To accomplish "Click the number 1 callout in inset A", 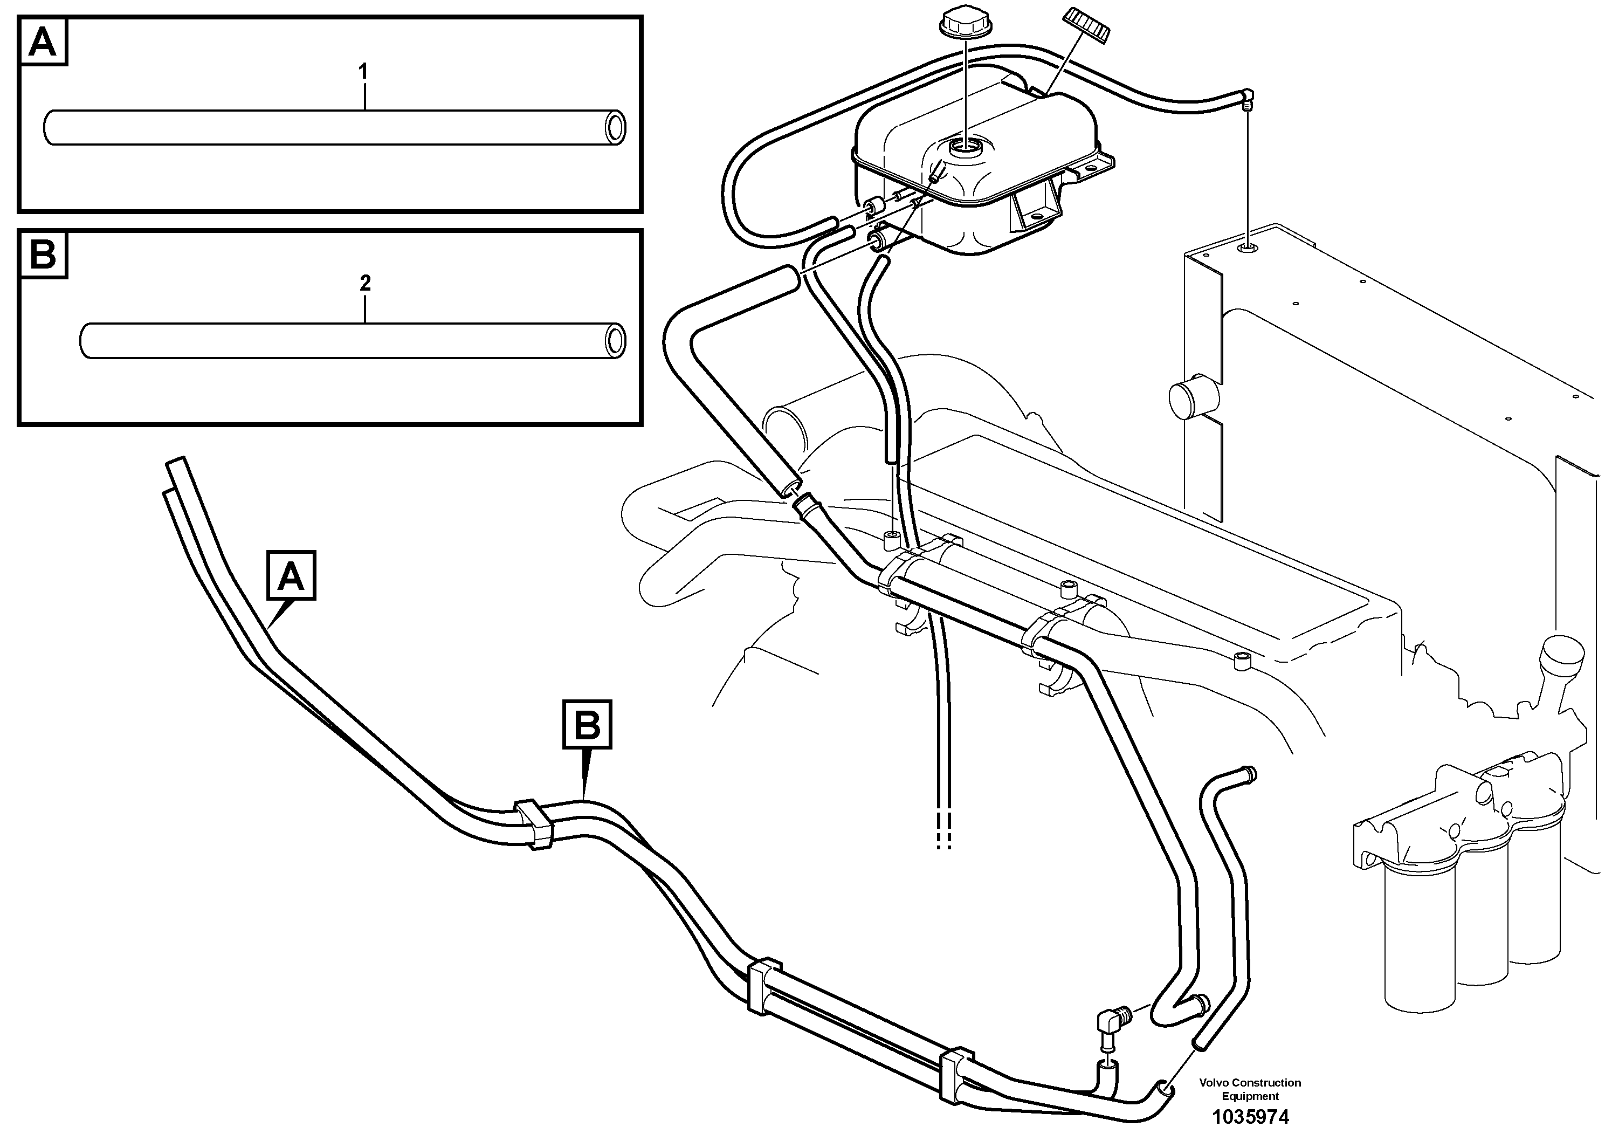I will click(x=363, y=71).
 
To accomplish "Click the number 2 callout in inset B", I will click(x=364, y=283).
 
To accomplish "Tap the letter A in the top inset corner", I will click(x=43, y=42).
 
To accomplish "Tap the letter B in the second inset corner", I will click(x=43, y=255).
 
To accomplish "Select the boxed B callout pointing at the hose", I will click(x=587, y=724).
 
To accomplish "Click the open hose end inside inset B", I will click(x=615, y=340).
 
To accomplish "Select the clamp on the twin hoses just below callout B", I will click(x=534, y=823).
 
